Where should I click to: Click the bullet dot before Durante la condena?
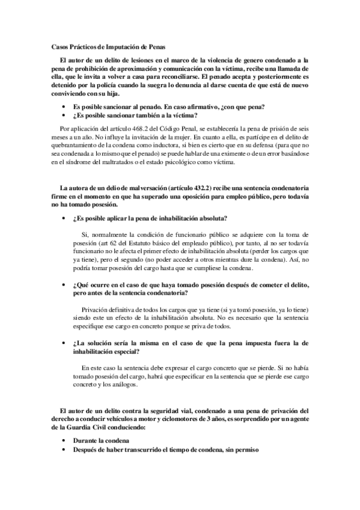pyautogui.click(x=63, y=441)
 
